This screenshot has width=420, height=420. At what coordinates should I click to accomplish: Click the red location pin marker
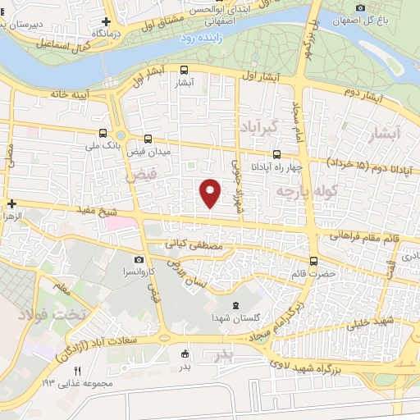(211, 193)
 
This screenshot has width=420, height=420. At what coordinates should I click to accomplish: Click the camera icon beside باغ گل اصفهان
(360, 7)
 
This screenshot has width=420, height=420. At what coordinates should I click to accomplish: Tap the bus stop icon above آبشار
(184, 71)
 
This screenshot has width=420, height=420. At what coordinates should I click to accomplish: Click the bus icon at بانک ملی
(103, 132)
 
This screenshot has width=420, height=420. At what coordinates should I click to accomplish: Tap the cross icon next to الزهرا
(11, 203)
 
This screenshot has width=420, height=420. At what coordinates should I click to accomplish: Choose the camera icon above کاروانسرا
(139, 259)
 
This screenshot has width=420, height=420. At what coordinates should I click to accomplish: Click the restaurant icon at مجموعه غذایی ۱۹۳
(78, 371)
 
